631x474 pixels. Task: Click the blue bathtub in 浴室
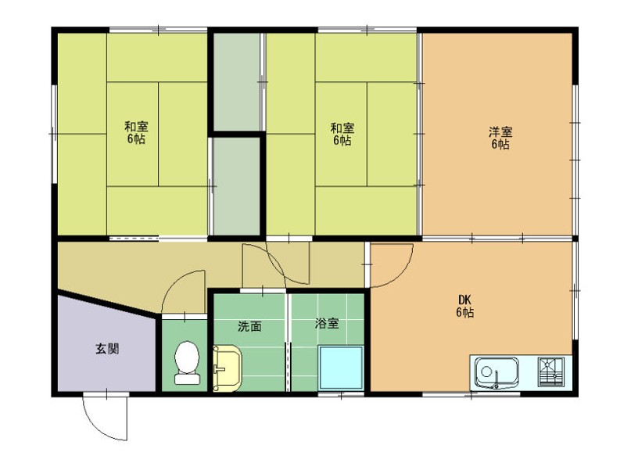[342, 366]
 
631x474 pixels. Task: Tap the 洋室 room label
[500, 131]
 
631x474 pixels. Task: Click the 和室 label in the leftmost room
[137, 127]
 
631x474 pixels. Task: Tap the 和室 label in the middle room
[342, 127]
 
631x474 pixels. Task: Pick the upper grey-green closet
[237, 81]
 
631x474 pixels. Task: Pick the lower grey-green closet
[237, 186]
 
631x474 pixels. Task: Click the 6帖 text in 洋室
[500, 145]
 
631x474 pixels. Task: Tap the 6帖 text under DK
[464, 313]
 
